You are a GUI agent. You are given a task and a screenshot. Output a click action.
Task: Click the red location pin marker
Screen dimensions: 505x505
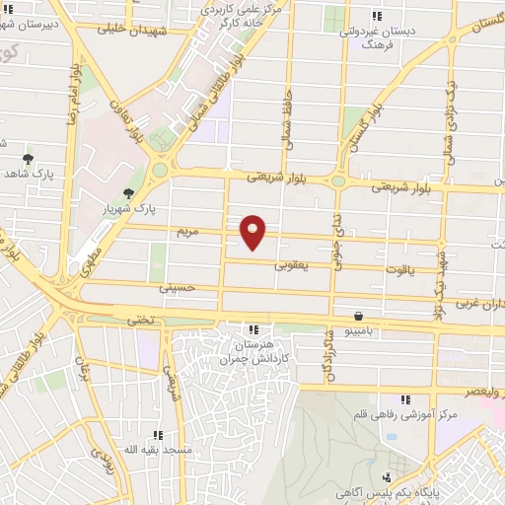click(253, 231)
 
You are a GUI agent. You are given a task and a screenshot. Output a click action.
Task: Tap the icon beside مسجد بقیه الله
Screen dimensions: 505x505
click(158, 435)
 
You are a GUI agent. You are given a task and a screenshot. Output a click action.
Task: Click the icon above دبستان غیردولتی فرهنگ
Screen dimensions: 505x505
click(376, 15)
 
